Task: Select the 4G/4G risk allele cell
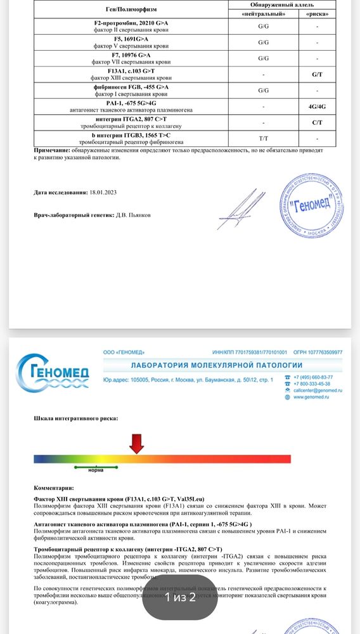(x=318, y=107)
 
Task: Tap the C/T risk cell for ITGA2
(x=318, y=122)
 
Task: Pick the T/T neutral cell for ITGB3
(x=263, y=138)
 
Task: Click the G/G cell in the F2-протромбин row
(x=263, y=27)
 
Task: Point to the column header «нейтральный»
(x=263, y=13)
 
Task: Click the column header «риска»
(x=318, y=13)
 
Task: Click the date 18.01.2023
(x=103, y=193)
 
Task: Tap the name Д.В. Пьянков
(x=134, y=215)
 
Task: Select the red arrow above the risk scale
(x=136, y=443)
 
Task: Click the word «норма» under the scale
(x=96, y=470)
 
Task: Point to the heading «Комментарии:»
(x=54, y=489)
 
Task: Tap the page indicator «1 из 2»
(x=180, y=597)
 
